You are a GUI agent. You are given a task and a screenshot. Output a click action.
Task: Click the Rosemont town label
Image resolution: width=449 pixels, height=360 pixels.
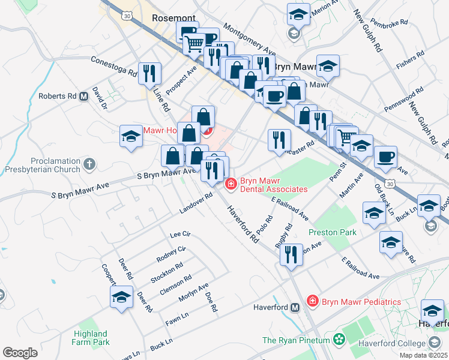coord(174,18)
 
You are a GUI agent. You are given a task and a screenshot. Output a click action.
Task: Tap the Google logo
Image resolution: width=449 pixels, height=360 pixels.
coord(20,353)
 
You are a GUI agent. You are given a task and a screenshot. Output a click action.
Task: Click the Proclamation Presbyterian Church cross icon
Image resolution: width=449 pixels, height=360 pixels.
coord(89,164)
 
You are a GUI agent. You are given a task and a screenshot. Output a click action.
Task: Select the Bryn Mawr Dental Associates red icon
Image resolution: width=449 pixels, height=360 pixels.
coord(231,184)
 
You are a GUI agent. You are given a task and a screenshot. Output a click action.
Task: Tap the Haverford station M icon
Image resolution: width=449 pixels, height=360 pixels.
coord(295,308)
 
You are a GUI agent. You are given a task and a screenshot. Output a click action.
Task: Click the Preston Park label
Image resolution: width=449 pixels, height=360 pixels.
coord(332,232)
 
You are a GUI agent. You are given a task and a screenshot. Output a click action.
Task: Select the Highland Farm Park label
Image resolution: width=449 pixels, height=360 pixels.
coord(91,338)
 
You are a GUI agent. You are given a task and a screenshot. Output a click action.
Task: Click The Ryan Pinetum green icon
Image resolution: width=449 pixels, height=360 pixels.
coord(340,341)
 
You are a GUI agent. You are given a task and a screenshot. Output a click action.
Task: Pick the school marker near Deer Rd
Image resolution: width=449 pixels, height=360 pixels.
coord(122,297)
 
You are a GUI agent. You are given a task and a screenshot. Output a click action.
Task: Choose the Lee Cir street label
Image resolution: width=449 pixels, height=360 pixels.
coord(180,234)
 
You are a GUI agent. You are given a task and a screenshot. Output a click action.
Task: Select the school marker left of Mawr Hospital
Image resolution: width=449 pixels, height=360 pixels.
coord(131,136)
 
